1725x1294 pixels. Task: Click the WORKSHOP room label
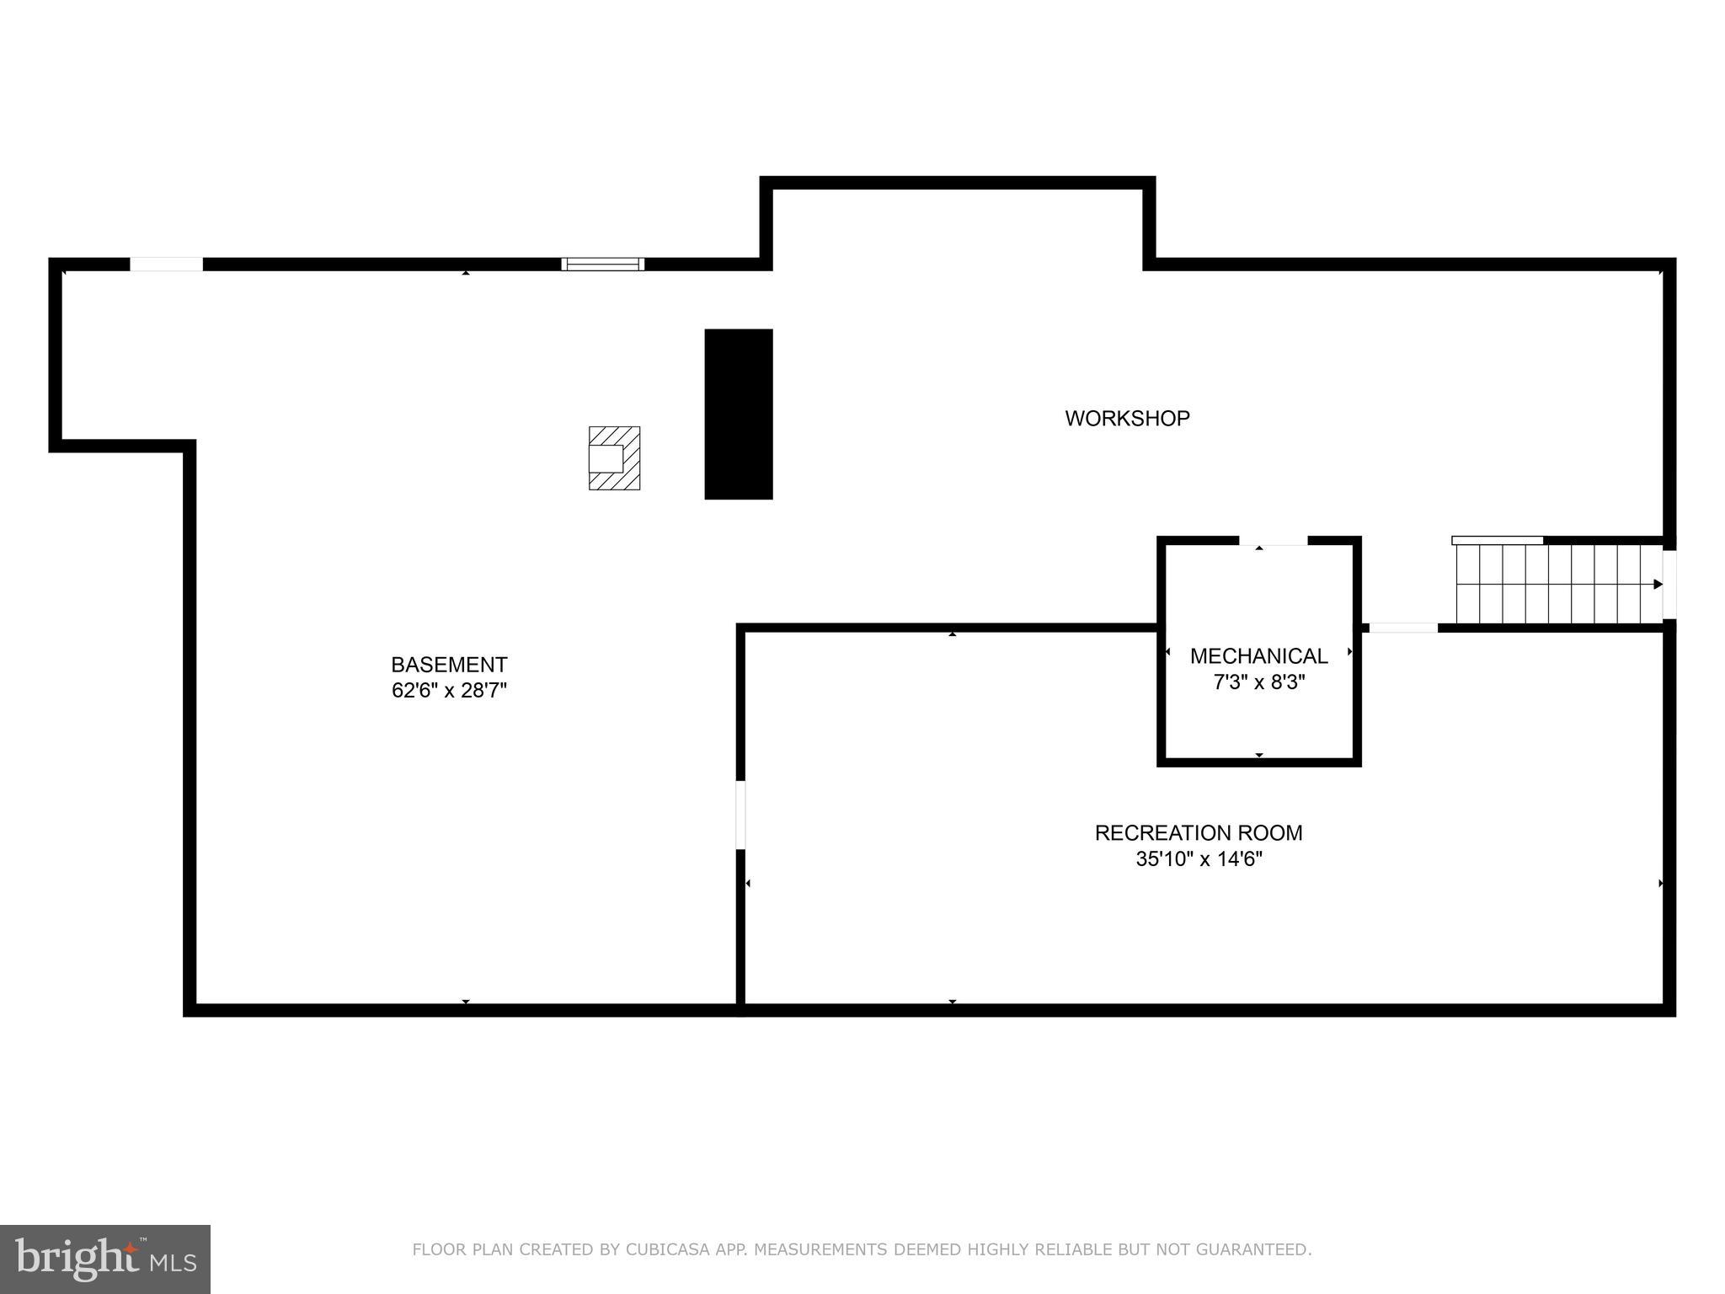1127,419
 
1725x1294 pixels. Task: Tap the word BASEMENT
449,665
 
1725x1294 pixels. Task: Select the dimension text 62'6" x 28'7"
449,691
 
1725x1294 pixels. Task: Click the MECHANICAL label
1258,655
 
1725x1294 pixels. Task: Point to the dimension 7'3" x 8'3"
1258,682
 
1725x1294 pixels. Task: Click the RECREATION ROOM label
1198,833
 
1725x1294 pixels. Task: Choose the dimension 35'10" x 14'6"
1198,859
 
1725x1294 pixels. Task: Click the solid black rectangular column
738,414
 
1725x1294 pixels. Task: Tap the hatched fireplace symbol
614,458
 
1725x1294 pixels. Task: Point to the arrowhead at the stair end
1658,584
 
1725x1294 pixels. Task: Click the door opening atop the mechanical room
1273,541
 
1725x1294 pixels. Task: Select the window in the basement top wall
603,264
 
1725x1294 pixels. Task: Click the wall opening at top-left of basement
166,264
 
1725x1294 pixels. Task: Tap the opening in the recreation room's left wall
740,815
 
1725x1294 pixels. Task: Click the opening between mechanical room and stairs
1403,628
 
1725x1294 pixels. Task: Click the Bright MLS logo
104,1259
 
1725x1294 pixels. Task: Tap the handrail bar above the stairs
1498,540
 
